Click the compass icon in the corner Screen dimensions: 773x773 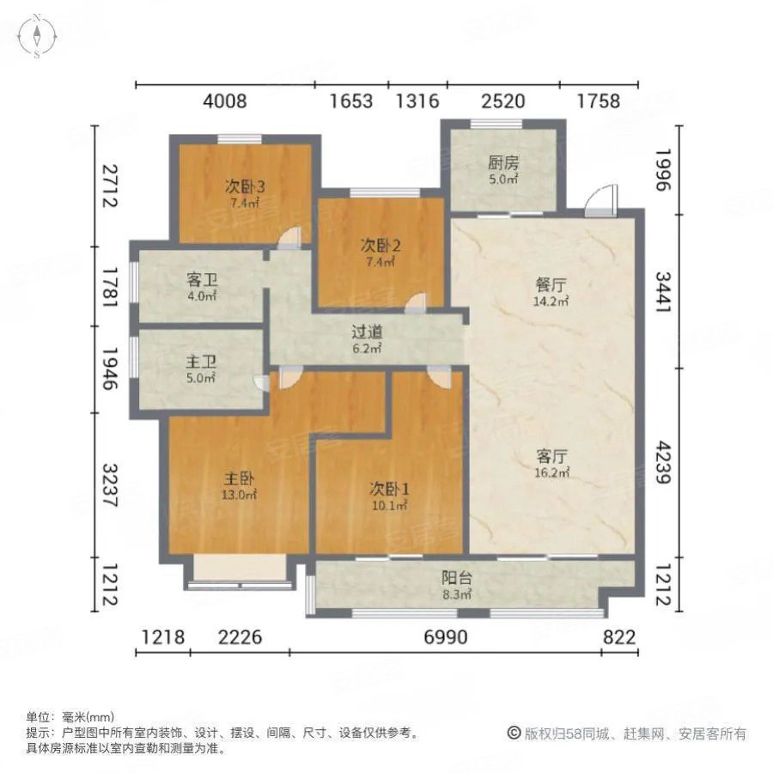(38, 36)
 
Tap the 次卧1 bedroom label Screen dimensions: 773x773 (389, 489)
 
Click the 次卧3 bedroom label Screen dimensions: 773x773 (245, 186)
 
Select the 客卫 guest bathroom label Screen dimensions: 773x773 (200, 280)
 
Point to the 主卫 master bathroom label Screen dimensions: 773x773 (200, 360)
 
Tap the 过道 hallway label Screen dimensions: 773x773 (366, 332)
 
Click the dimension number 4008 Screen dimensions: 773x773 (225, 101)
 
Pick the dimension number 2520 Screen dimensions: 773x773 (502, 101)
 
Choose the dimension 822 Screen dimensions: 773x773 (618, 638)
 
